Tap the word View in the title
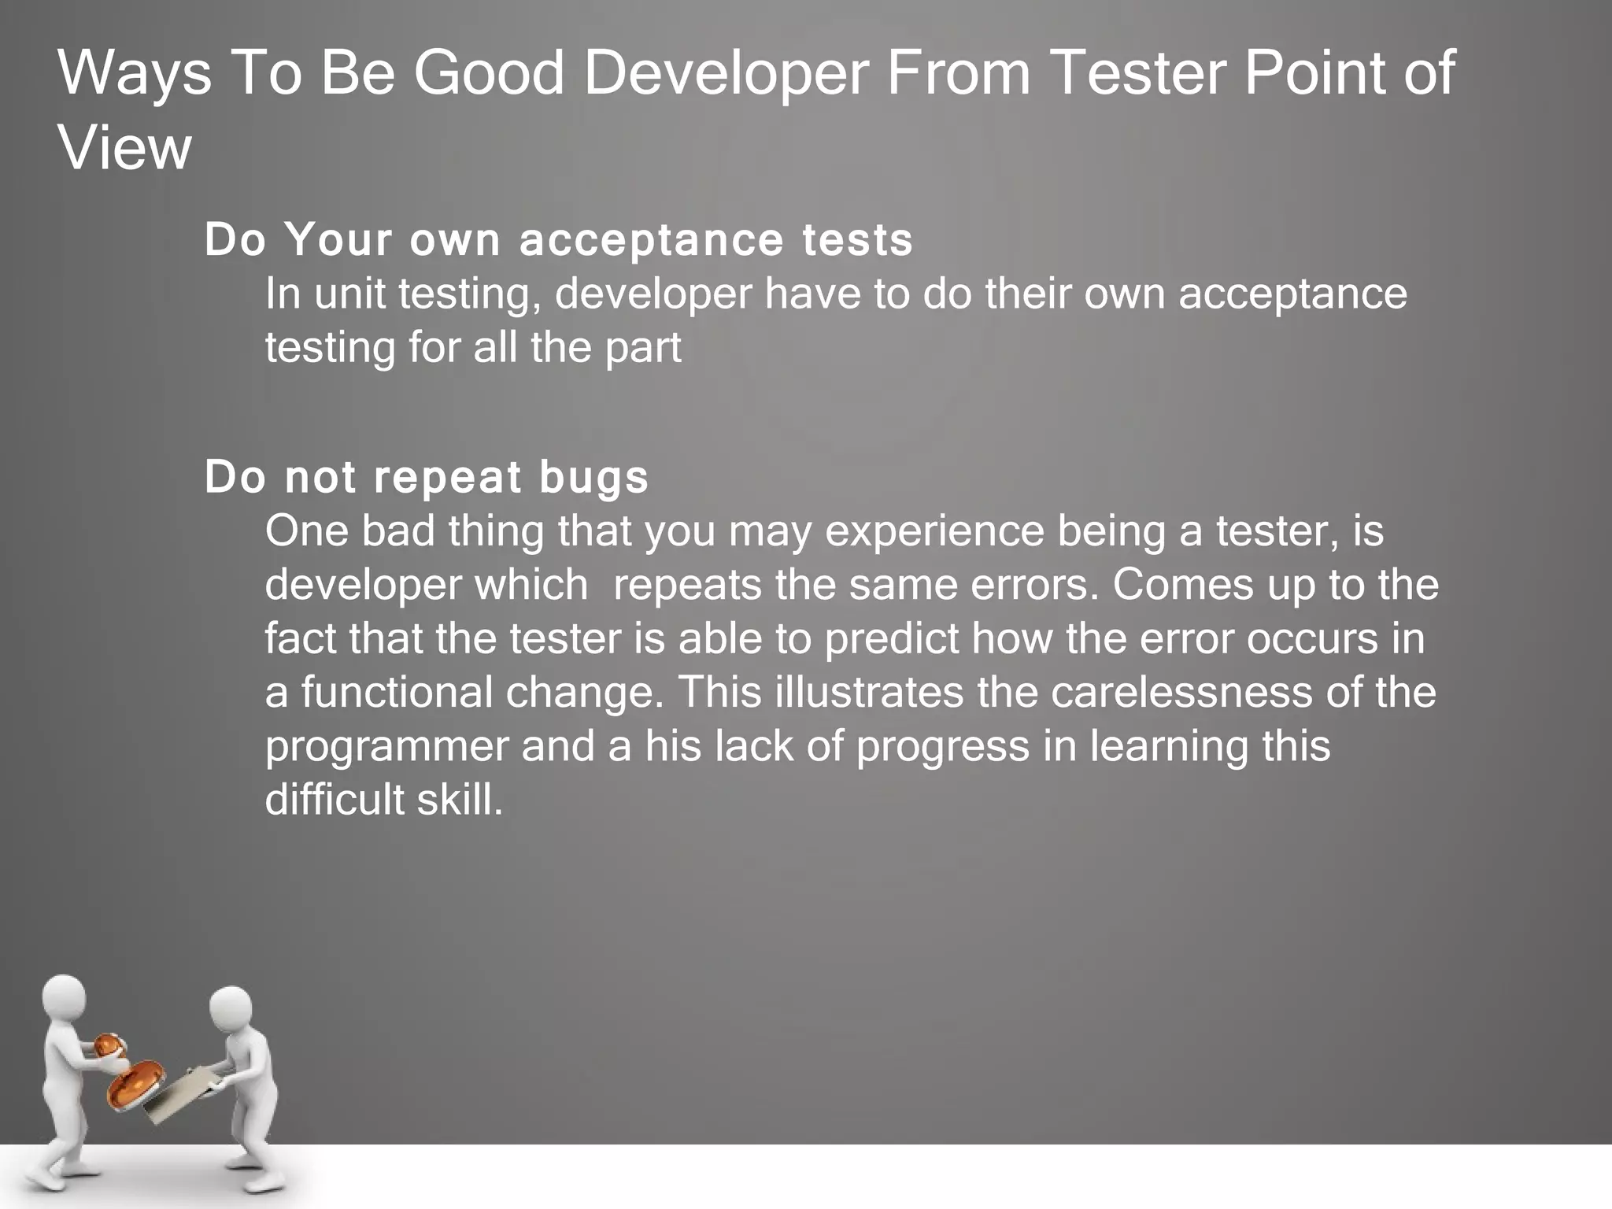tap(124, 148)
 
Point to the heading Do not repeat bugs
tap(426, 477)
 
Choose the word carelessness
tap(1181, 693)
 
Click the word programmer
tap(386, 747)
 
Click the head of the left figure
tap(63, 998)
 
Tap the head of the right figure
tap(231, 1009)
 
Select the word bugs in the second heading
tap(593, 479)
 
